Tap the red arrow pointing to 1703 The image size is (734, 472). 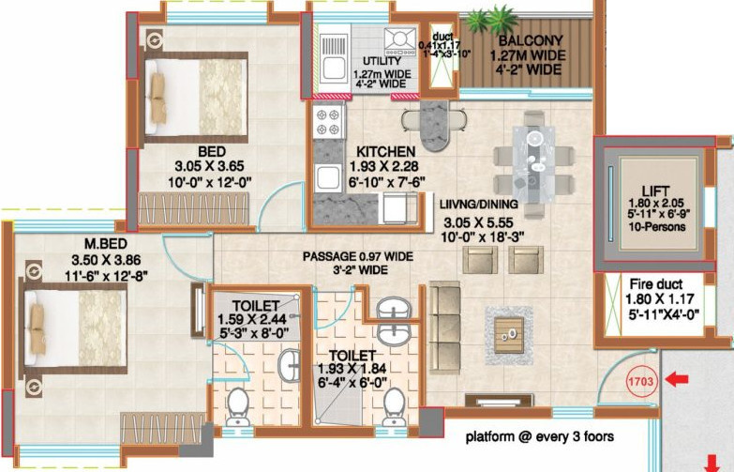click(676, 380)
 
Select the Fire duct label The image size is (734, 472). click(646, 283)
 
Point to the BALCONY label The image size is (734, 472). click(531, 41)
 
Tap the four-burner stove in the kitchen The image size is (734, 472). click(328, 121)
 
